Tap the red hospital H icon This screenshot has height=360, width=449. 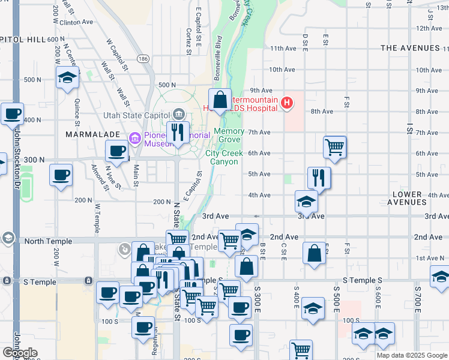click(x=287, y=103)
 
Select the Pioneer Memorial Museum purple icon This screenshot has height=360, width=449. click(x=135, y=139)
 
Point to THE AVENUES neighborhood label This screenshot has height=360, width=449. click(x=410, y=48)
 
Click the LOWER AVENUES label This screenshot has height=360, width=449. click(x=417, y=199)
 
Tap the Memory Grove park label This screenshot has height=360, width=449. click(x=229, y=135)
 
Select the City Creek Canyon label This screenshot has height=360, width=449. click(x=224, y=157)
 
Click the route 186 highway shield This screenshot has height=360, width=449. click(x=143, y=59)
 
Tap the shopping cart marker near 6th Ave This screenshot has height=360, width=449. click(x=334, y=146)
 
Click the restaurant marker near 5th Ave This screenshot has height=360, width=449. click(x=319, y=177)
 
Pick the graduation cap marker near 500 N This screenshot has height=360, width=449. click(x=68, y=77)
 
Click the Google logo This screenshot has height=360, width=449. click(x=20, y=353)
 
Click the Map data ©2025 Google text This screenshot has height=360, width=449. click(x=412, y=355)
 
